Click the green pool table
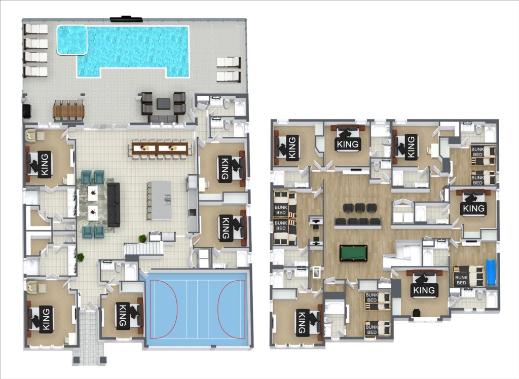coord(353,253)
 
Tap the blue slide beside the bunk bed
coord(491,272)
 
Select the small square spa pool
coord(72,40)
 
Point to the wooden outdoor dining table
coord(68,111)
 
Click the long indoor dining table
coord(160,148)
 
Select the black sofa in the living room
coord(113,205)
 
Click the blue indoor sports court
coord(197,310)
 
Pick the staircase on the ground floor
coord(143,249)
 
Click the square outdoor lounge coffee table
coord(164,104)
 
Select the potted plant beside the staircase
coord(142,238)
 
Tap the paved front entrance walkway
coord(89,334)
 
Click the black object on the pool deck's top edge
coord(126,19)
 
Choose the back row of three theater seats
coord(360,208)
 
